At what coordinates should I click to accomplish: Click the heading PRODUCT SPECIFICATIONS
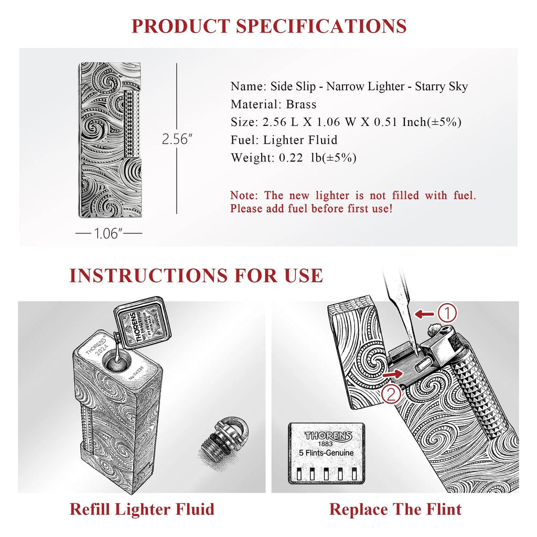(268, 26)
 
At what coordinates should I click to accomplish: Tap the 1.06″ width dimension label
(109, 233)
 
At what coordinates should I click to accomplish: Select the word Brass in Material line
(301, 104)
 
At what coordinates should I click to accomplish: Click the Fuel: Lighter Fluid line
(284, 139)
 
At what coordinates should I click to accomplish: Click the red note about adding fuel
(353, 202)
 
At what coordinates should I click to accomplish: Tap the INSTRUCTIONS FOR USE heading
(196, 275)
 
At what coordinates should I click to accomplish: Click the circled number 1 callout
(447, 314)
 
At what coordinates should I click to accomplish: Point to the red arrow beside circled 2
(393, 374)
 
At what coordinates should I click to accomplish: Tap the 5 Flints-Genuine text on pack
(326, 453)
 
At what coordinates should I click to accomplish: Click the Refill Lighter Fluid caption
(142, 509)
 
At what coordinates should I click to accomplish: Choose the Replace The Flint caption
(395, 509)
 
